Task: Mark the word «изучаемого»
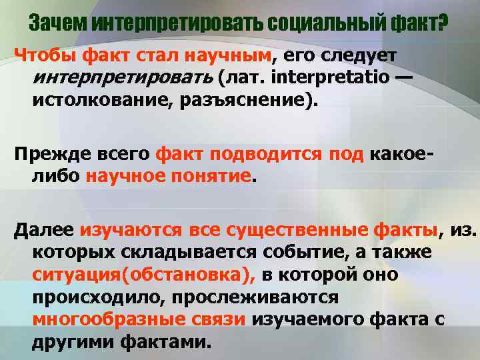coord(313,319)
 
